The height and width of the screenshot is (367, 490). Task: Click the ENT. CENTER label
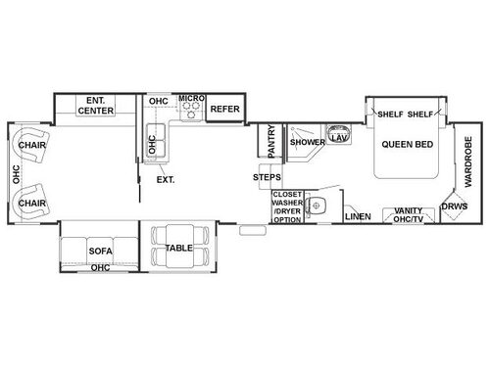tap(96, 105)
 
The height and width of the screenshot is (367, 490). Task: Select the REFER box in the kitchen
tap(225, 110)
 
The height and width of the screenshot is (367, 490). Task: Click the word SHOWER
tap(307, 142)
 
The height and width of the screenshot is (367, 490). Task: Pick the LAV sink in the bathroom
tap(339, 138)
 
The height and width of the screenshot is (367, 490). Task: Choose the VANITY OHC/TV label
tap(402, 214)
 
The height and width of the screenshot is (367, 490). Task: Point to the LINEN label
tap(358, 215)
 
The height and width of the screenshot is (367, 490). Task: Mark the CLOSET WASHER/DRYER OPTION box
tap(288, 207)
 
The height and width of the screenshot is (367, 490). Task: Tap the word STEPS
tap(268, 177)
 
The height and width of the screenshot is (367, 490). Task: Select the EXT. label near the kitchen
tap(166, 179)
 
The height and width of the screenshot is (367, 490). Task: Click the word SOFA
tap(101, 251)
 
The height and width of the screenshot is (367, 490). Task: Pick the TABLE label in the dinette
tap(178, 249)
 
